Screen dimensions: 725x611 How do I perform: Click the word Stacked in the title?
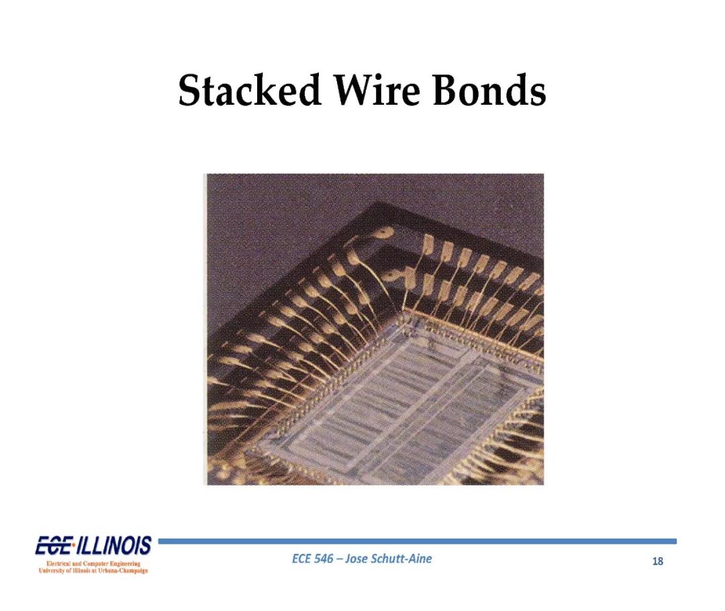[x=250, y=90]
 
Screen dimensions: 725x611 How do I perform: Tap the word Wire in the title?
[x=377, y=90]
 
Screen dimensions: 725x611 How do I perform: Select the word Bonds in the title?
[x=489, y=90]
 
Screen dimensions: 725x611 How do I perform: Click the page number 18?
[x=657, y=561]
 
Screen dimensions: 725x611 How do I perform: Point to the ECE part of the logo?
[x=53, y=546]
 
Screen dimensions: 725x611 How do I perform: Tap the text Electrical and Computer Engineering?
[x=93, y=563]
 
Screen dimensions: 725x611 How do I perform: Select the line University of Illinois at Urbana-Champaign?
[x=93, y=570]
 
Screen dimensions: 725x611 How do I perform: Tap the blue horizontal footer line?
[x=417, y=540]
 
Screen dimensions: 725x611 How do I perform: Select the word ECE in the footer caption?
[x=301, y=559]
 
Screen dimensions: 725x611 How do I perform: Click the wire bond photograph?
[x=375, y=329]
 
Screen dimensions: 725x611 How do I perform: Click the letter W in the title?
[x=354, y=90]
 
